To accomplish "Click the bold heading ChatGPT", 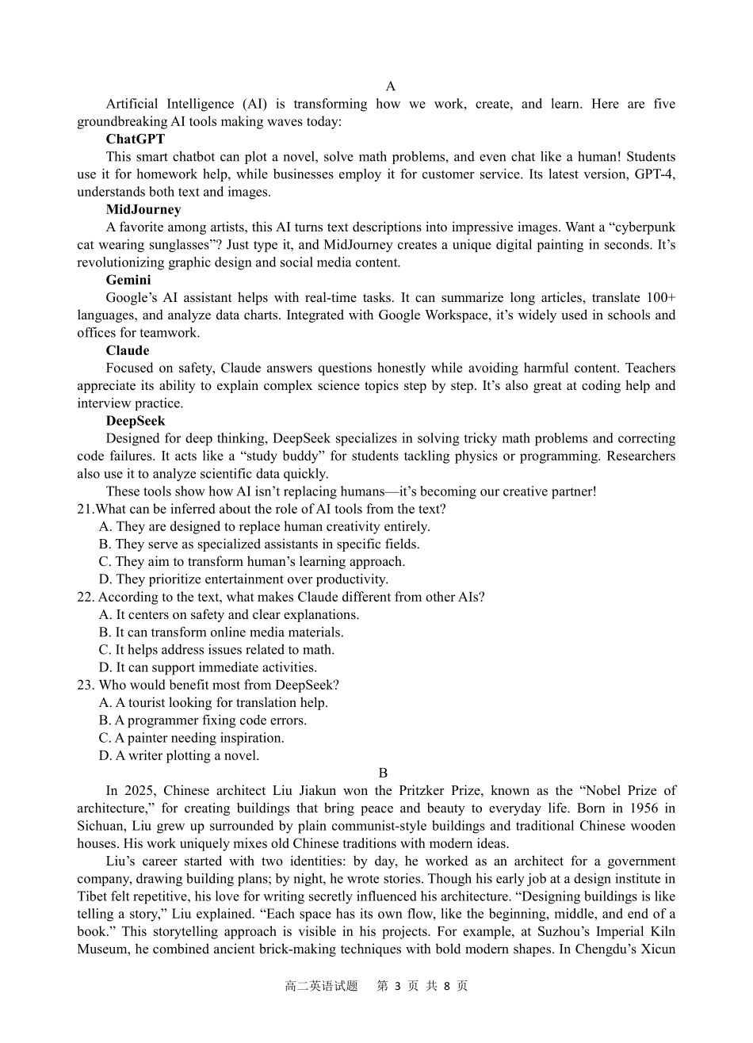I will point(136,139).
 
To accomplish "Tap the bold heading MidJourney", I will point(143,209).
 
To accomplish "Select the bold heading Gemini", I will point(128,280).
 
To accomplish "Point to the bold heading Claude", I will point(128,350).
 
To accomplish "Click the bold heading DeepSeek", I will point(136,421).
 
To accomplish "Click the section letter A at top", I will point(390,86).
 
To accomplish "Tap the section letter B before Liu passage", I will point(383,773).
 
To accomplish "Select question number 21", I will point(85,509).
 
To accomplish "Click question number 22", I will point(86,597).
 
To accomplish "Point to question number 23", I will point(86,685).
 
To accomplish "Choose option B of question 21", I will point(259,544).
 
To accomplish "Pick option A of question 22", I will point(229,614).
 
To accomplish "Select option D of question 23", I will point(179,755).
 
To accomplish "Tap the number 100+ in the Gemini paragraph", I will point(660,298).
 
